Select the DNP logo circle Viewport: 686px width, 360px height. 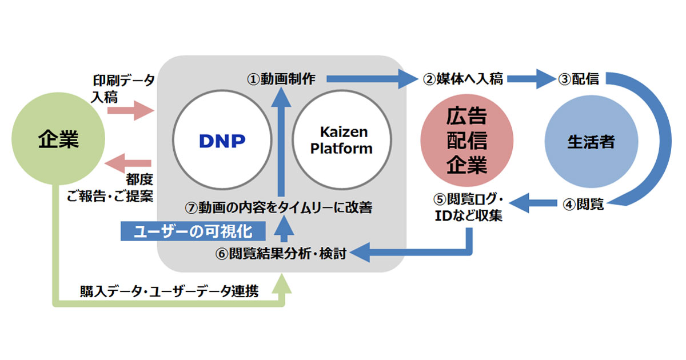coord(222,140)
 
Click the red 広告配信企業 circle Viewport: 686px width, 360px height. coord(466,141)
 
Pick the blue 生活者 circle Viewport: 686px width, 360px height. coord(591,142)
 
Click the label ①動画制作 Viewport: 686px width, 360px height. coord(281,79)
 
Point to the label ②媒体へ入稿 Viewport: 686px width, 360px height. coord(463,79)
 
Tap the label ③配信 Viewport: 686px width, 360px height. coord(579,79)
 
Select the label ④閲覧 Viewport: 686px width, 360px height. coord(583,204)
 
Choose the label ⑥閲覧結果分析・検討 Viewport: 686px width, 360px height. coord(281,253)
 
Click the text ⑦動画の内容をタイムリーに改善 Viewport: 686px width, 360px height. coord(280,207)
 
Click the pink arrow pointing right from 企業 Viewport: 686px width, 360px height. coord(137,110)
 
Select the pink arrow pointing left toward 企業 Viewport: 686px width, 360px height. coord(131,163)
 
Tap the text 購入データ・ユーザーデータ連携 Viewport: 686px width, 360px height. coord(170,292)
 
